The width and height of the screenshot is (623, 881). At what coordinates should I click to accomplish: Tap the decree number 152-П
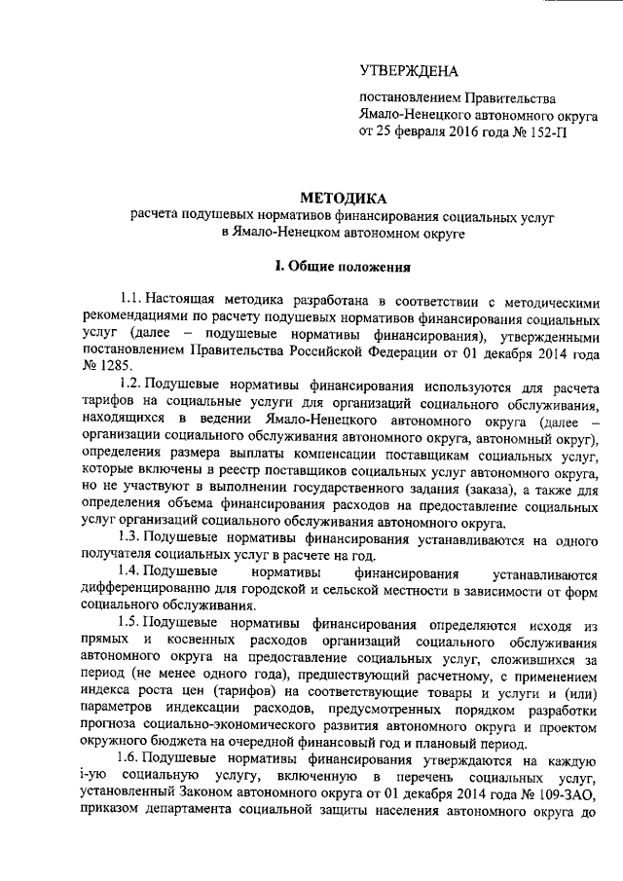[x=541, y=133]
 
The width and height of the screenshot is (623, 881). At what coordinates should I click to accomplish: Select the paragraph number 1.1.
[x=129, y=296]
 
